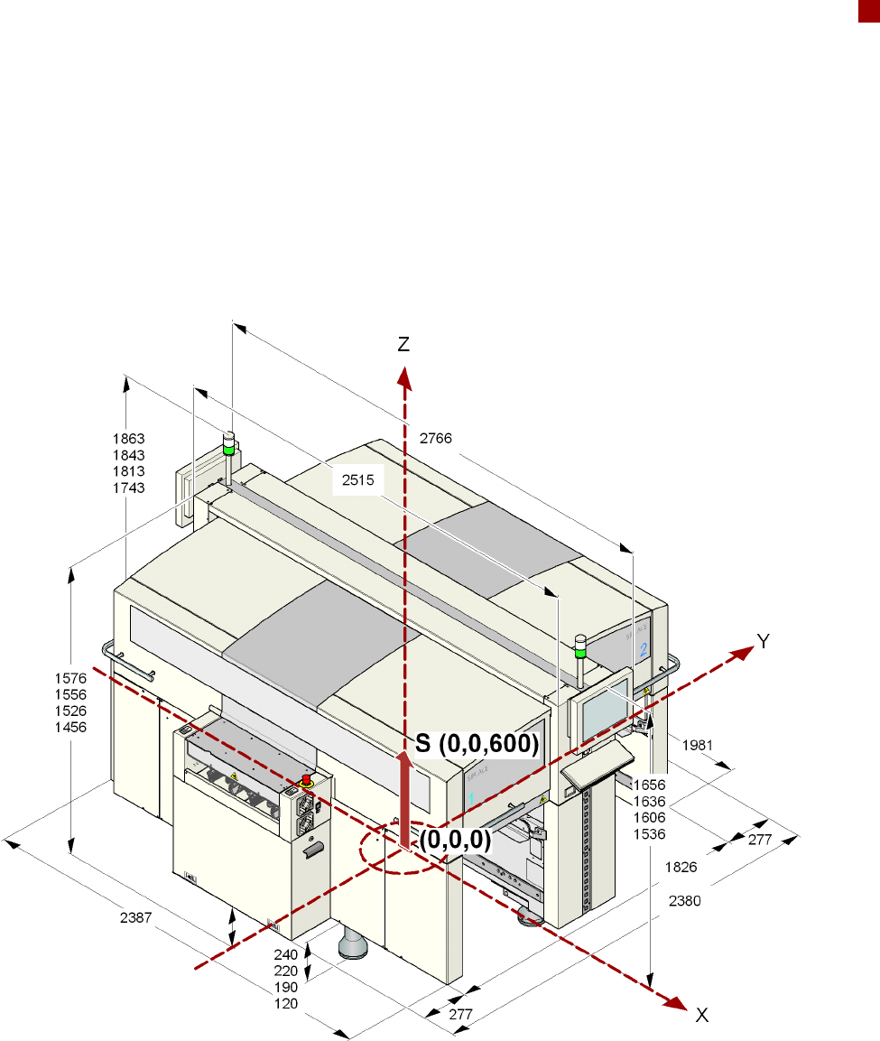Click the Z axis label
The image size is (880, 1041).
pos(403,345)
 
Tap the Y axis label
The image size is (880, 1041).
pos(764,641)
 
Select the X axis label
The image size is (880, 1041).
pos(702,1015)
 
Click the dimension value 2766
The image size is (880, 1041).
pos(435,438)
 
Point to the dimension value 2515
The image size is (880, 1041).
pos(357,480)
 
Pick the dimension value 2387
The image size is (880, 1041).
pos(136,917)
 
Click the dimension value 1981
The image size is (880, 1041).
pos(697,746)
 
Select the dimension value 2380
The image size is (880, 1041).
pos(685,901)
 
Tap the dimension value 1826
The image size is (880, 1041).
pos(681,867)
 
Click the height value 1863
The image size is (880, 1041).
pos(129,439)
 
